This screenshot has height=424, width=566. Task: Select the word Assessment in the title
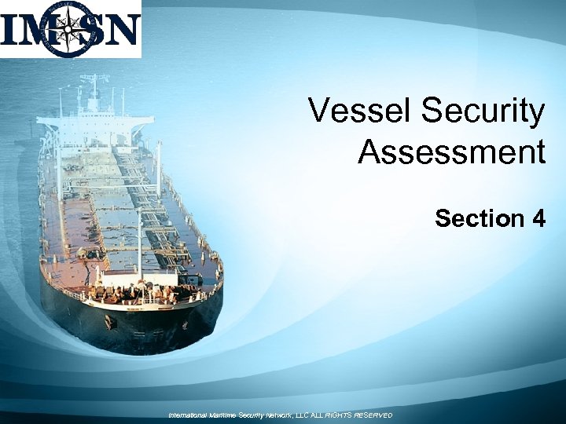(x=451, y=152)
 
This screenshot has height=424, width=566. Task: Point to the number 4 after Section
(x=538, y=217)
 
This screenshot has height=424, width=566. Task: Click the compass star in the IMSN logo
(x=71, y=30)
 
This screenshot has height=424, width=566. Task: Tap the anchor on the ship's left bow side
(x=110, y=321)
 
